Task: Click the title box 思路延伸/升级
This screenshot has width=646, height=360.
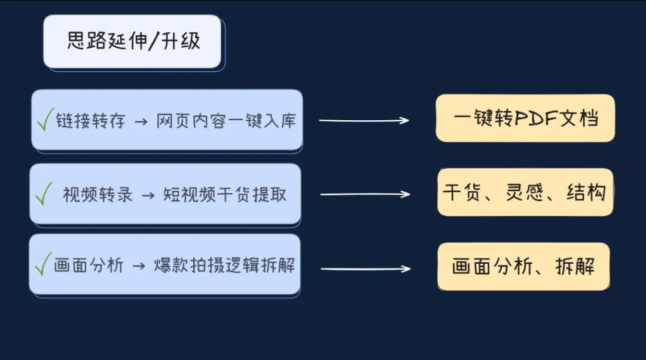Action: coord(132,41)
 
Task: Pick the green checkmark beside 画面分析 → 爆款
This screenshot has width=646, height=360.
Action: coord(44,264)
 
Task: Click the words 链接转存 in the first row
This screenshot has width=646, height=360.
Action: coord(91,121)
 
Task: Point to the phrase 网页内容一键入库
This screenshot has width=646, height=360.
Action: coord(226,121)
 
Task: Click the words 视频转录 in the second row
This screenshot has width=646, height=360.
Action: coord(97,194)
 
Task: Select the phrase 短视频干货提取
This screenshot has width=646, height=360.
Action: coord(225,194)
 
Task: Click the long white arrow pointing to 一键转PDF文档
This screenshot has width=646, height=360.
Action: coord(364,121)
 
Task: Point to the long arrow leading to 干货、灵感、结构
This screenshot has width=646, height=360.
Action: coord(365,194)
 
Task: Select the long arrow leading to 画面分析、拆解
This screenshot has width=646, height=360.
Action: coord(365,269)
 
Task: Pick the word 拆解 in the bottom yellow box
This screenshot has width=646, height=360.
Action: coord(575,266)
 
